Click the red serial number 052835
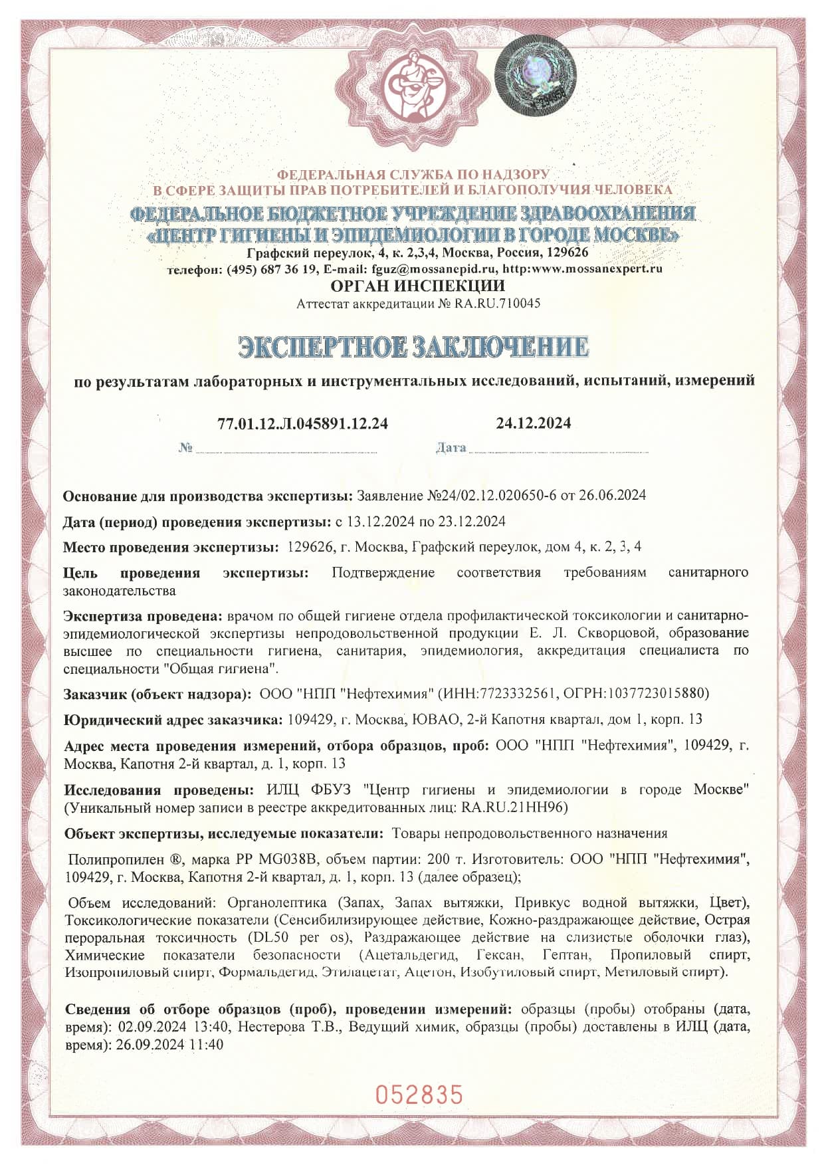coord(419,1093)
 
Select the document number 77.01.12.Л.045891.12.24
coord(302,424)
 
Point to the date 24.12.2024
coord(533,423)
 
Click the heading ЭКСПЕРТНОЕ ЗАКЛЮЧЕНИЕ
coord(413,347)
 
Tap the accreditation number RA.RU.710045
coord(498,304)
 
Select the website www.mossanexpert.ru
coord(596,269)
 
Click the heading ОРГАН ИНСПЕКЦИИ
coord(417,286)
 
